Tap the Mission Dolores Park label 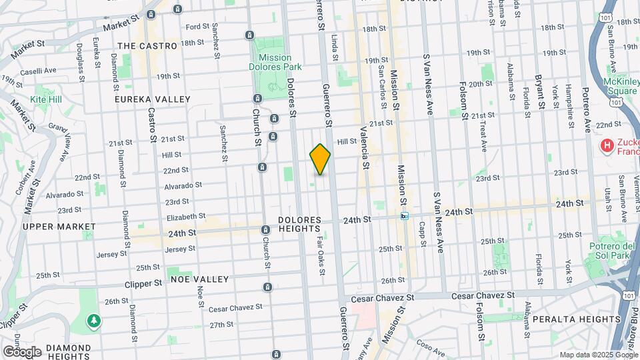[275, 62]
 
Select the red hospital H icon [607, 145]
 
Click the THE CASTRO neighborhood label [147, 46]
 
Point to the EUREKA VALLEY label [153, 99]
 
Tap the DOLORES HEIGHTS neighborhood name [300, 225]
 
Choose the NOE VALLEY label [199, 279]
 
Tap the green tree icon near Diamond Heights [94, 321]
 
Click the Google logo [22, 351]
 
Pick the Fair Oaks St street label [321, 254]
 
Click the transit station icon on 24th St [404, 216]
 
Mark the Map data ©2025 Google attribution [598, 355]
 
